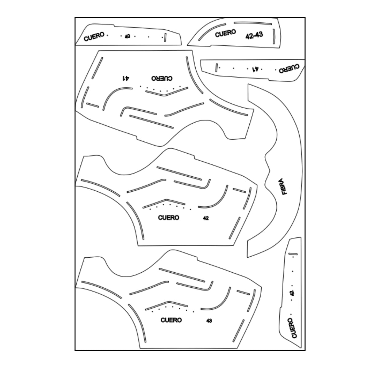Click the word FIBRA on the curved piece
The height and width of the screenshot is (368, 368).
(x=284, y=186)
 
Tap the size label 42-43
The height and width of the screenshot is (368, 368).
(x=254, y=35)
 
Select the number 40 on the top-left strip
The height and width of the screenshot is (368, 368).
(x=127, y=36)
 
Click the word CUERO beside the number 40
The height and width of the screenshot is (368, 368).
(x=94, y=37)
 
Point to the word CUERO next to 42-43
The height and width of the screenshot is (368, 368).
(x=225, y=33)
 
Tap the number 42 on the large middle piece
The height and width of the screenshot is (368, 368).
(x=206, y=218)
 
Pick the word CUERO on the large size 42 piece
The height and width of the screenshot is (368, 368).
(x=169, y=218)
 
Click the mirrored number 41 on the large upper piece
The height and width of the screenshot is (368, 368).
(x=126, y=78)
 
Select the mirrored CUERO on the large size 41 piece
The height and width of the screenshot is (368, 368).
(x=162, y=78)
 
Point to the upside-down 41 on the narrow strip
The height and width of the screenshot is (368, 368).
(x=255, y=69)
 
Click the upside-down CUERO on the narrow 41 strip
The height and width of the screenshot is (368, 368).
(x=289, y=69)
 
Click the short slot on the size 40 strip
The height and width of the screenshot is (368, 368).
(x=165, y=37)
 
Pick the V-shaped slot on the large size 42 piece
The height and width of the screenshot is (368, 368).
(x=164, y=204)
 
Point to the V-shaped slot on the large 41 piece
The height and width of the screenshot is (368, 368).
(x=167, y=92)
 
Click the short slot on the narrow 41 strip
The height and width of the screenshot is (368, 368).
(x=217, y=67)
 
